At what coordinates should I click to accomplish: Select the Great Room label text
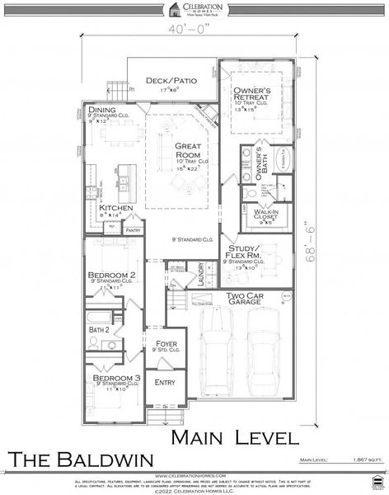(188, 150)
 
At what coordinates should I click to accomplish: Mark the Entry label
(165, 382)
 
